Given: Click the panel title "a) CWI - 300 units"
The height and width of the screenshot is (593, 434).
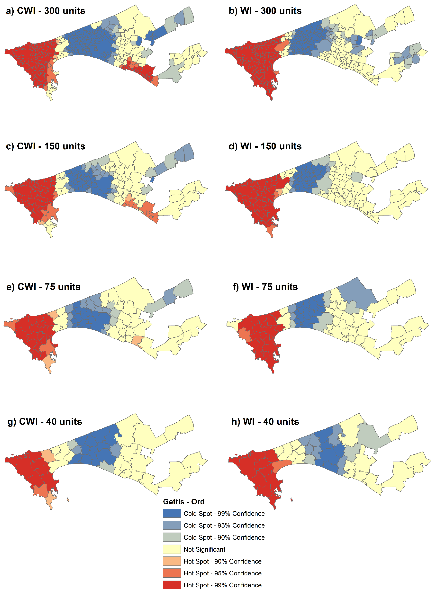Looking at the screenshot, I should click(x=45, y=11).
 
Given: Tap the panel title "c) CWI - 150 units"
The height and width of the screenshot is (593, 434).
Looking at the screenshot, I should click(x=45, y=146).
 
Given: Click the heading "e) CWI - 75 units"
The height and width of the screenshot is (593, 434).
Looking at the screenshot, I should click(x=43, y=287).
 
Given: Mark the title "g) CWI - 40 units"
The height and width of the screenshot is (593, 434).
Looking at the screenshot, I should click(x=45, y=422).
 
